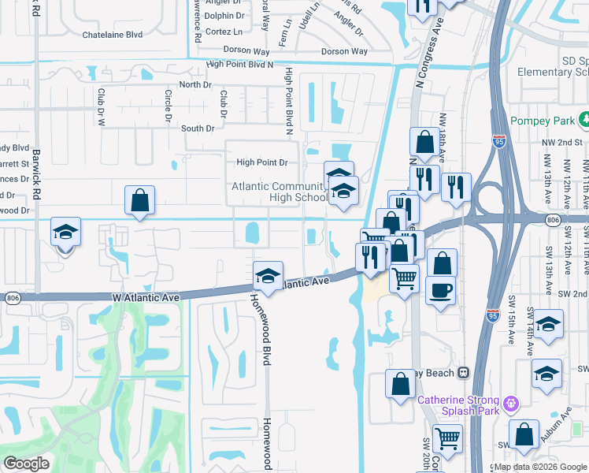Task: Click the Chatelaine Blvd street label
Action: pyautogui.click(x=113, y=35)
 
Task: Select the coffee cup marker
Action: pyautogui.click(x=440, y=290)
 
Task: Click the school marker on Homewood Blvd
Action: pyautogui.click(x=268, y=277)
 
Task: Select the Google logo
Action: pyautogui.click(x=26, y=464)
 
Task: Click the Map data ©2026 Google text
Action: pyautogui.click(x=541, y=467)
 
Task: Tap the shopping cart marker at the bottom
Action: pyautogui.click(x=447, y=438)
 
